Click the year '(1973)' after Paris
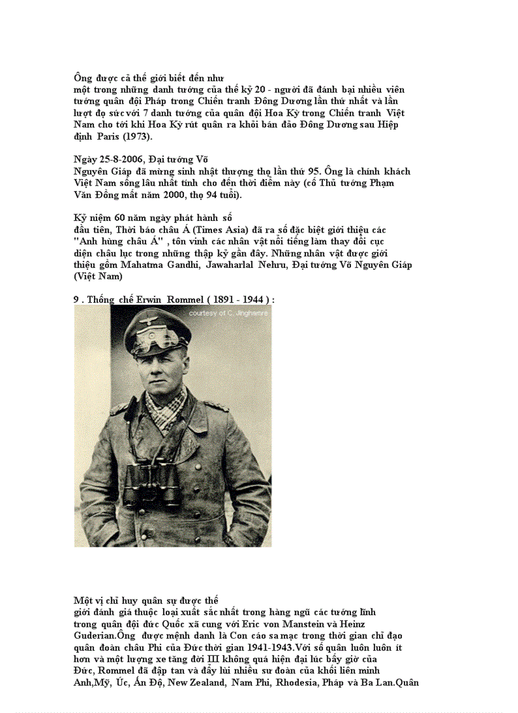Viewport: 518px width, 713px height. coord(137,137)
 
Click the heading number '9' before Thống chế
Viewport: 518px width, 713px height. coord(76,299)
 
